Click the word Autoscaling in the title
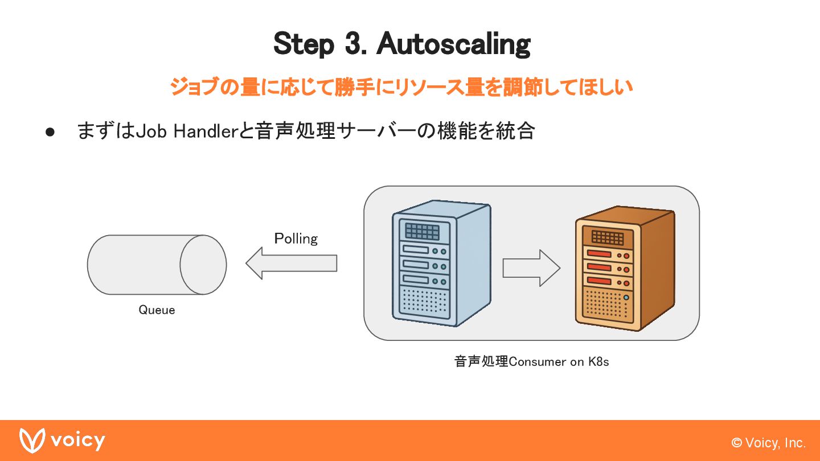point(453,44)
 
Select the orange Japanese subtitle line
point(401,88)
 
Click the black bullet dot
point(50,132)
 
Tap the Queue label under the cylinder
point(157,310)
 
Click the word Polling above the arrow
point(296,238)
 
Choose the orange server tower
point(624,269)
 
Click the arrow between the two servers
point(531,268)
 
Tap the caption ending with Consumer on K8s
point(531,361)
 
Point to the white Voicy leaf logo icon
point(32,441)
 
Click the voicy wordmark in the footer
point(78,441)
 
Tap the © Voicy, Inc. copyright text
point(769,443)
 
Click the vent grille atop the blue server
point(422,231)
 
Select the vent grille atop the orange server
point(607,237)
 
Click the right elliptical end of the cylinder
point(203,265)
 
